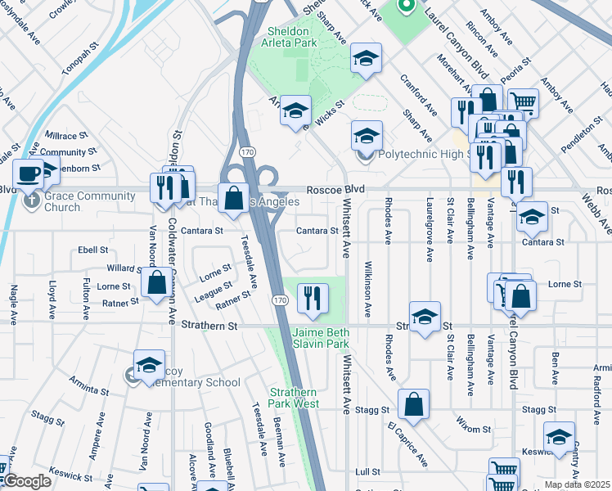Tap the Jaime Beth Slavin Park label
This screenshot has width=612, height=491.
tap(321, 338)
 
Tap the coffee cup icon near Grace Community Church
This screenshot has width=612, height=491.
tap(29, 174)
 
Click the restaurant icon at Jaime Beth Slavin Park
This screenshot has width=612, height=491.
tap(312, 299)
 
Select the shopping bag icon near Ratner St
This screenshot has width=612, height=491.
tap(156, 285)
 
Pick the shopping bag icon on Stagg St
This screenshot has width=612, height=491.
tap(415, 404)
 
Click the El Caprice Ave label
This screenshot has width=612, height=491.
tap(408, 444)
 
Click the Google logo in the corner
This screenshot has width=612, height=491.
tap(27, 481)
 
